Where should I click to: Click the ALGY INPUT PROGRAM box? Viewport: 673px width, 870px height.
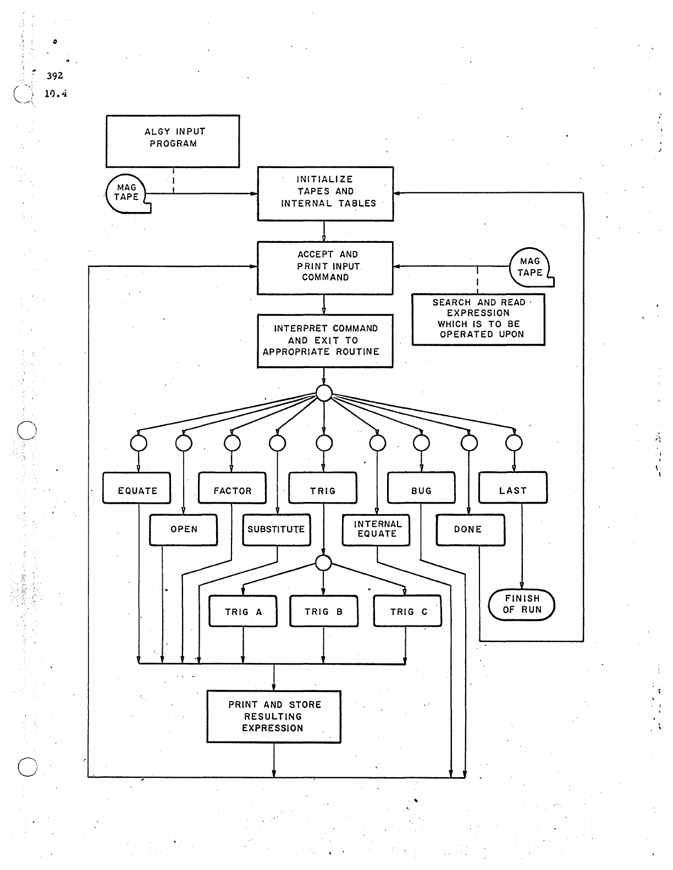[173, 141]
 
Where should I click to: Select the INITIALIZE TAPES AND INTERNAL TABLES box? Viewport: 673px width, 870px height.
[326, 193]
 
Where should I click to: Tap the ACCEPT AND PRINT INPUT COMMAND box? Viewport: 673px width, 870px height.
[325, 267]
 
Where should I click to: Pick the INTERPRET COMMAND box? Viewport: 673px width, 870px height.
[325, 341]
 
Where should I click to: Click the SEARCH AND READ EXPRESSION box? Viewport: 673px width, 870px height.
[478, 319]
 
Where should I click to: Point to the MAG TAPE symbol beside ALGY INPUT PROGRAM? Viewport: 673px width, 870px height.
[127, 193]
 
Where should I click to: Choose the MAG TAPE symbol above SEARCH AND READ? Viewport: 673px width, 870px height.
[530, 267]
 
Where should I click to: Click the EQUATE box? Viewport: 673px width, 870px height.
[137, 488]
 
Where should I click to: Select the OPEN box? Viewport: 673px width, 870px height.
[183, 529]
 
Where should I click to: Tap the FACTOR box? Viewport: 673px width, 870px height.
[232, 488]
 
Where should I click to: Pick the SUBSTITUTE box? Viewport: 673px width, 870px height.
[276, 529]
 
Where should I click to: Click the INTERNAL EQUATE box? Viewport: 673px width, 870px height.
[377, 529]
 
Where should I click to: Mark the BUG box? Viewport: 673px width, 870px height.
[421, 488]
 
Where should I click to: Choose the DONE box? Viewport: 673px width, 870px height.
[470, 529]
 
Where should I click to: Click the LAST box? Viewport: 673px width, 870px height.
[512, 488]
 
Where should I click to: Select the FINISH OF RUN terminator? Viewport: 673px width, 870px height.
[522, 605]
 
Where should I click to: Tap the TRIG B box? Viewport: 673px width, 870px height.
[323, 611]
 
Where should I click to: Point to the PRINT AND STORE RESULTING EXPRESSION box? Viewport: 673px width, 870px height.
[274, 717]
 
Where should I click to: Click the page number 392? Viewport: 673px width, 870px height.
[55, 76]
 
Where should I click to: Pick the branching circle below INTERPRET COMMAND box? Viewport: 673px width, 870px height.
[324, 393]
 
